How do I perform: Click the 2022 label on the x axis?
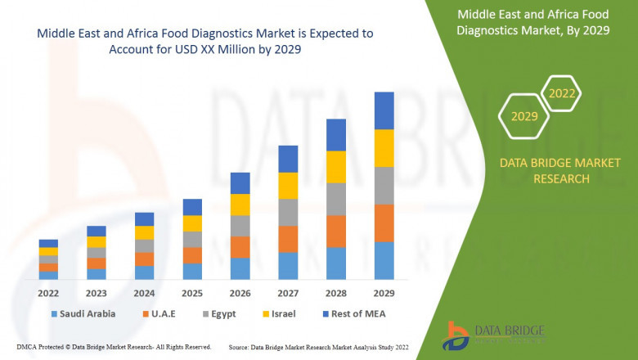pos(48,292)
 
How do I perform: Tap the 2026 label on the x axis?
pos(240,292)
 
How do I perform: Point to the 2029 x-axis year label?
pos(384,292)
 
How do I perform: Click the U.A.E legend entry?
pos(164,313)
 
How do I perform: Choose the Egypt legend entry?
pos(224,313)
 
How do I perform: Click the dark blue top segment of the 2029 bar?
pos(384,110)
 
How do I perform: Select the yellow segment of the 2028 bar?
pos(335,167)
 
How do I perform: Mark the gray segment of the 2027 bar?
pos(288,212)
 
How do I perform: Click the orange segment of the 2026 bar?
pos(240,247)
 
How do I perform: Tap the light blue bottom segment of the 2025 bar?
pos(192,271)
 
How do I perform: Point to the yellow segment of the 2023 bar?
pos(97,241)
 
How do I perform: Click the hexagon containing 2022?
pos(562,93)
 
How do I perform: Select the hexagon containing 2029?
pos(524,116)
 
